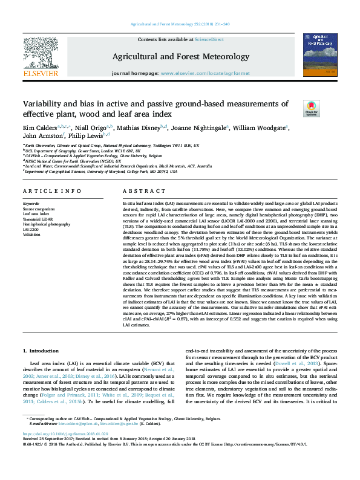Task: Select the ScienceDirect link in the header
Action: click(208, 39)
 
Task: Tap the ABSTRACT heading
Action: click(136, 192)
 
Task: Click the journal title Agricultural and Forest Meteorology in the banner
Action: click(180, 57)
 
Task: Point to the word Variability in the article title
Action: click(44, 104)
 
